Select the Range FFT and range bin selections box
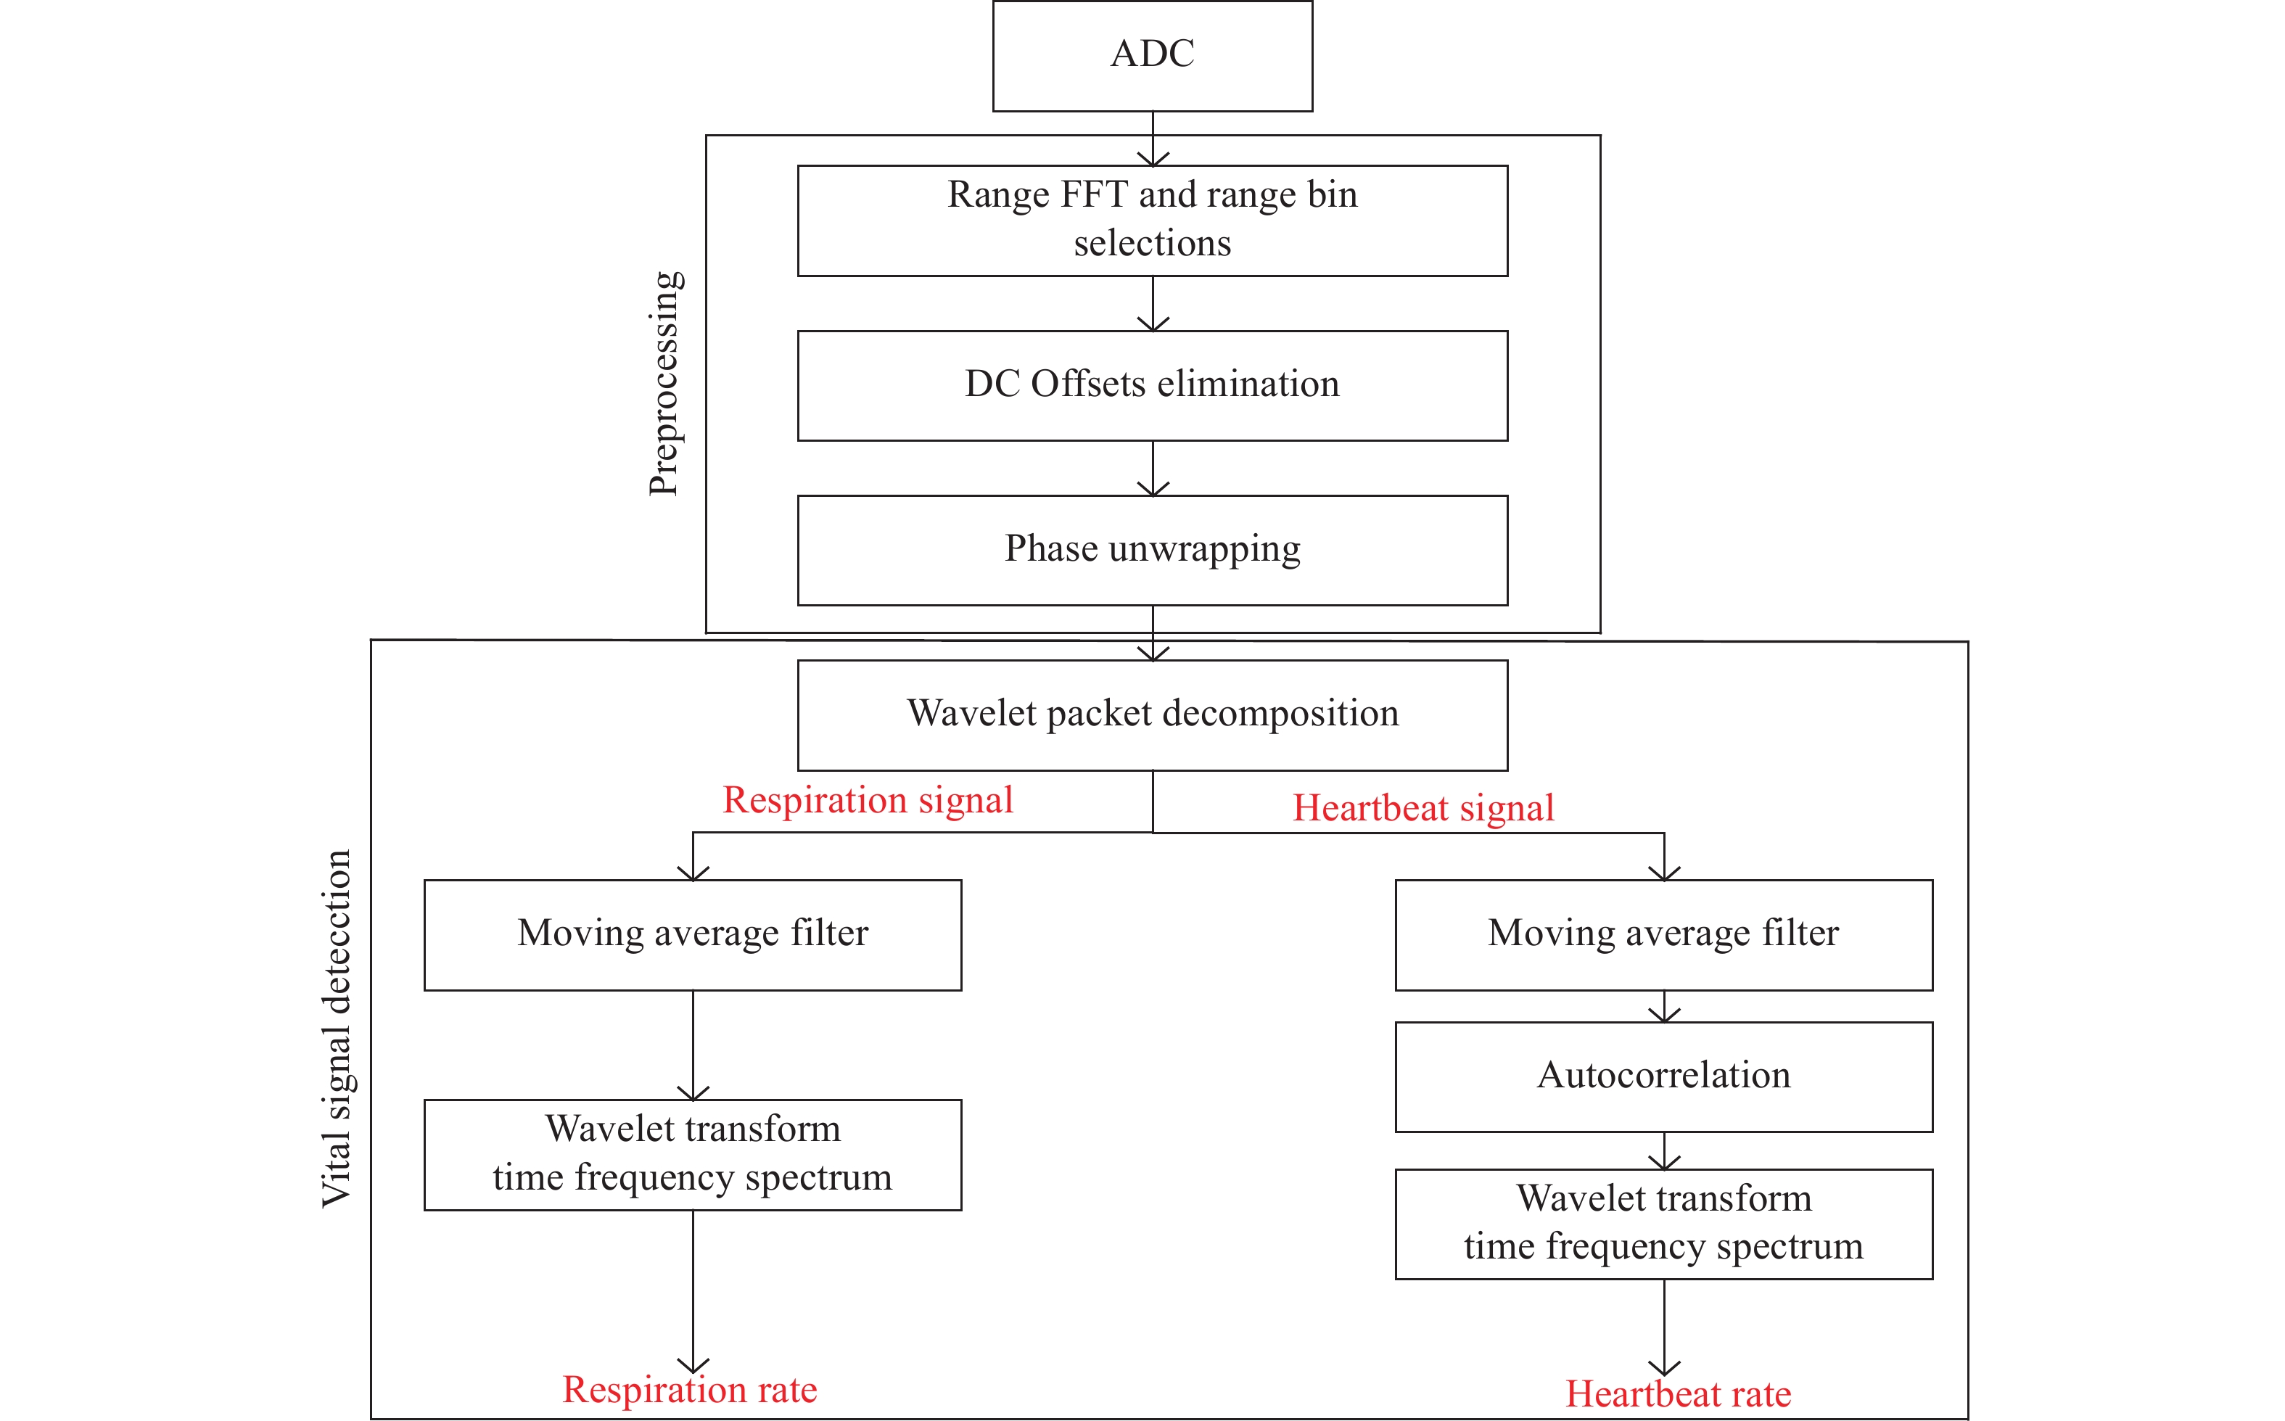pos(1153,221)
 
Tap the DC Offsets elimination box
pos(1153,385)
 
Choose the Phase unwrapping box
pos(1153,551)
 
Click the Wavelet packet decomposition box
pos(1153,715)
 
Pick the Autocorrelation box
pos(1664,1077)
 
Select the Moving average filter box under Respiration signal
pos(693,935)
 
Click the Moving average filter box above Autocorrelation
pos(1664,935)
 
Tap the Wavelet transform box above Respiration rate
pos(693,1155)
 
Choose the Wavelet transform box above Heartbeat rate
pos(1664,1224)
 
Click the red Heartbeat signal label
pos(1423,808)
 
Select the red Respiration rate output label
pos(690,1389)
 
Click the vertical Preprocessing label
pos(665,384)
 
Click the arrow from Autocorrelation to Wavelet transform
pos(1664,1151)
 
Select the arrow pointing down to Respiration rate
pos(693,1292)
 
